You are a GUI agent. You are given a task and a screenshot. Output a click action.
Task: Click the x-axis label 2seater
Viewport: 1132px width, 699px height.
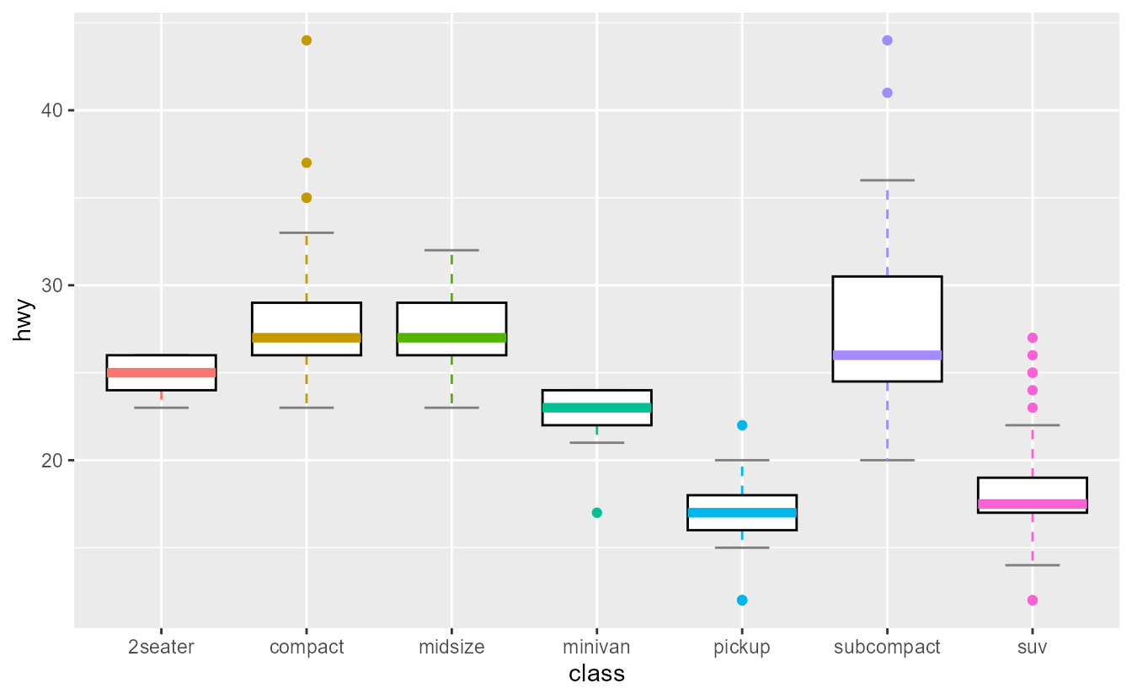[x=161, y=648]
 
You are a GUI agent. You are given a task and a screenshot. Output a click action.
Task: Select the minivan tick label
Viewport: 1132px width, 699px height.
[x=596, y=648]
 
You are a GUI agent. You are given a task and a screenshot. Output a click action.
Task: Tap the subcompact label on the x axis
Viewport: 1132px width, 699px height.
[x=887, y=648]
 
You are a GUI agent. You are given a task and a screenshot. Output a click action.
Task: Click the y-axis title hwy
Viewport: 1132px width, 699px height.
[x=24, y=321]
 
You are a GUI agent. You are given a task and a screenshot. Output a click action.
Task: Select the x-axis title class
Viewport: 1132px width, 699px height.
[x=596, y=674]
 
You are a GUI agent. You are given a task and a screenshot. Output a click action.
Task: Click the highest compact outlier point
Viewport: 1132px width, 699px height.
[x=307, y=40]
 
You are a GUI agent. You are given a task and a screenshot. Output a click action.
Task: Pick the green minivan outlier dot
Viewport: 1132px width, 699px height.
[x=596, y=513]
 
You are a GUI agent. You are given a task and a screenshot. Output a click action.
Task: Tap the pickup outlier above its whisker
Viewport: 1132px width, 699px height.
[x=742, y=425]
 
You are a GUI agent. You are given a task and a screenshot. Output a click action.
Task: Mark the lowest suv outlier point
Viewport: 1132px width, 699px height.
[x=1032, y=600]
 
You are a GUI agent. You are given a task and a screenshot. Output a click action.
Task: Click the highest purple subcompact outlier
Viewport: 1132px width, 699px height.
[x=887, y=40]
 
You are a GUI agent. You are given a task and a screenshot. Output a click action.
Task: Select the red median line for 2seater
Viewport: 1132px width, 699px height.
[x=161, y=373]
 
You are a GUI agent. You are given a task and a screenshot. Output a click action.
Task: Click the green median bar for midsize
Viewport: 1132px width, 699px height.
[x=451, y=338]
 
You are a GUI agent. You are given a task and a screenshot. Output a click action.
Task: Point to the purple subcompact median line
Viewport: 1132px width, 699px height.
[x=887, y=355]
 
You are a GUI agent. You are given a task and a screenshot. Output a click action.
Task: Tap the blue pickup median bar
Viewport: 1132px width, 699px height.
[x=742, y=513]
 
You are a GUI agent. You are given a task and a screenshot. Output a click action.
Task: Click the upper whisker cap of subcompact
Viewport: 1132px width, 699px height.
[x=887, y=180]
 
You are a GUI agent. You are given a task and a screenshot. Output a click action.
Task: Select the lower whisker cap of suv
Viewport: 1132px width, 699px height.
[x=1032, y=565]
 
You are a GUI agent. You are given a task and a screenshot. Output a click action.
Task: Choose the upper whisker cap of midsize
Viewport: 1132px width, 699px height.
[x=451, y=250]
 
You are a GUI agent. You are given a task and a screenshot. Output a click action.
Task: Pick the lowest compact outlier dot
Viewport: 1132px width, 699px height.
[x=307, y=198]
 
